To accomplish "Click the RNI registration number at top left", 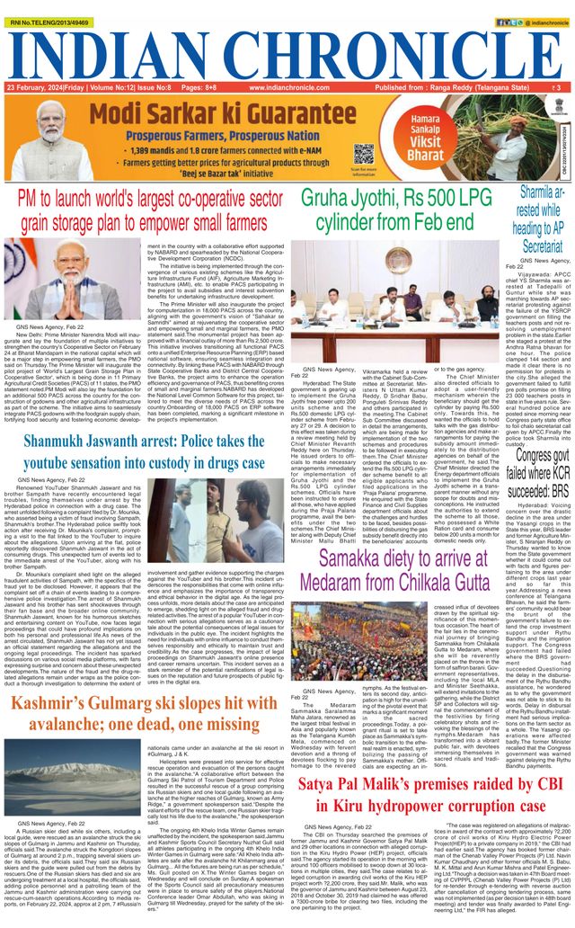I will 48,6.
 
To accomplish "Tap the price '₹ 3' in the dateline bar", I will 557,87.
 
